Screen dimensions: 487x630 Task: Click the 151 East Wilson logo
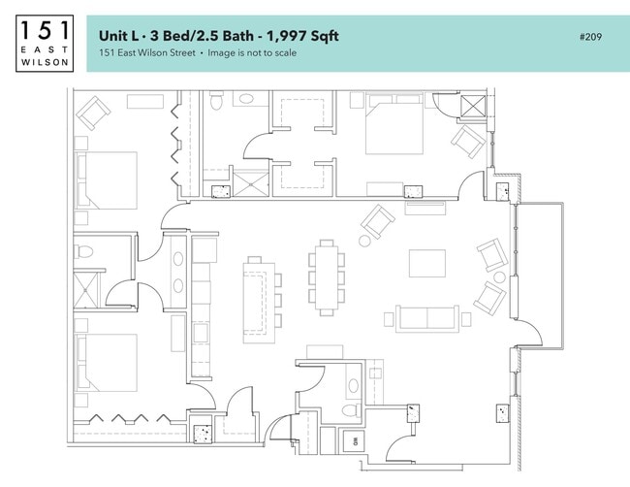coord(44,43)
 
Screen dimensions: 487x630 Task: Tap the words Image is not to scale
coord(253,53)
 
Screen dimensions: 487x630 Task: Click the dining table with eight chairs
coord(326,278)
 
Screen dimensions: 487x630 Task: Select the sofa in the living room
coord(425,318)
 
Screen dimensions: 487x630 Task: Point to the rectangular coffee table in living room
coord(426,265)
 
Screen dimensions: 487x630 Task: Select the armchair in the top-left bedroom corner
coord(94,114)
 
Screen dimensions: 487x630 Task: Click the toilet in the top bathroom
coord(217,100)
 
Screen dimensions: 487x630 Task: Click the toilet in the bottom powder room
coord(349,409)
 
